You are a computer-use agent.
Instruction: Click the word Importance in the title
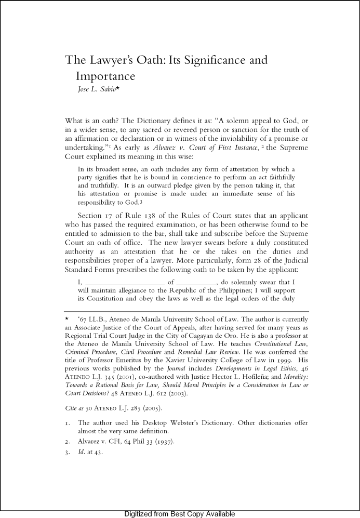point(105,77)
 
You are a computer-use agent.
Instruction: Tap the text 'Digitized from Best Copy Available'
point(180,514)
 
